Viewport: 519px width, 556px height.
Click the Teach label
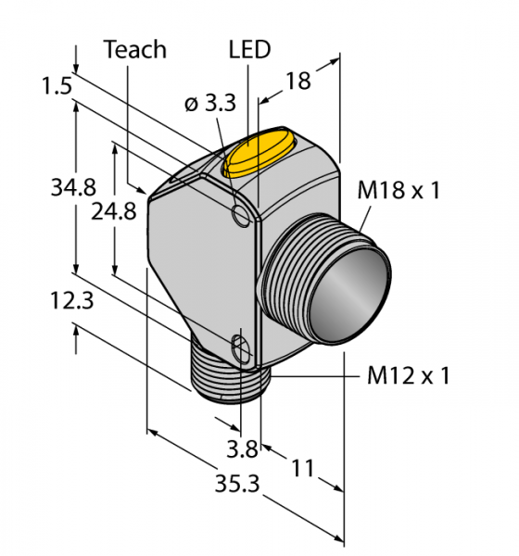pos(134,50)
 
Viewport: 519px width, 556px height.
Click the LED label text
pos(249,49)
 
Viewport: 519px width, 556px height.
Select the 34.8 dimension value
pos(73,187)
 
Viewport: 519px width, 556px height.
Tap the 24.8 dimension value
pos(113,211)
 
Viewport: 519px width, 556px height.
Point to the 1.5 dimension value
pos(57,86)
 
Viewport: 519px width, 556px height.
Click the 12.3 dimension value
pos(71,300)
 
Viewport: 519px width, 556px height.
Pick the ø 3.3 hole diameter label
pos(210,104)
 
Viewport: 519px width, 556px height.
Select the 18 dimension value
pos(298,81)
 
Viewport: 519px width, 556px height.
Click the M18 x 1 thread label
pos(399,190)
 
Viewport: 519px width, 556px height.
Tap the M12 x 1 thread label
pos(409,375)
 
